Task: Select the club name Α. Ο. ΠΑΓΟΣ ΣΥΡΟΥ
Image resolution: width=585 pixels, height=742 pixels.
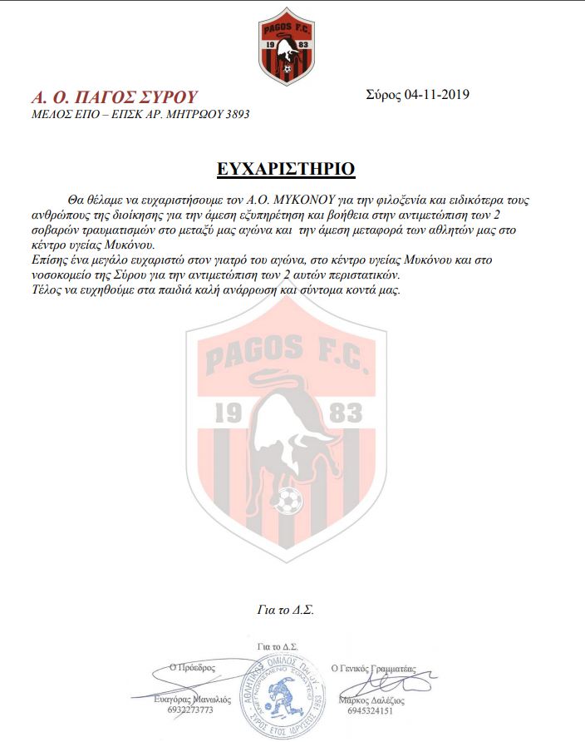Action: (x=114, y=96)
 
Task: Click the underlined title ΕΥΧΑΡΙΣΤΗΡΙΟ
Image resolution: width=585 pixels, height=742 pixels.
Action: (x=285, y=169)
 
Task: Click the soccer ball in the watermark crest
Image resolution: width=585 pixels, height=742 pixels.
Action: (x=288, y=501)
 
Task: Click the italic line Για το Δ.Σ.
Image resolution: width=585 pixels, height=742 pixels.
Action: (x=285, y=610)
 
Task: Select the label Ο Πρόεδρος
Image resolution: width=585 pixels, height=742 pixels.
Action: (x=192, y=666)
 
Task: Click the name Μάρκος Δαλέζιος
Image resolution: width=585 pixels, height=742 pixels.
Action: (x=372, y=700)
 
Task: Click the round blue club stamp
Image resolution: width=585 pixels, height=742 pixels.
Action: (x=288, y=691)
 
